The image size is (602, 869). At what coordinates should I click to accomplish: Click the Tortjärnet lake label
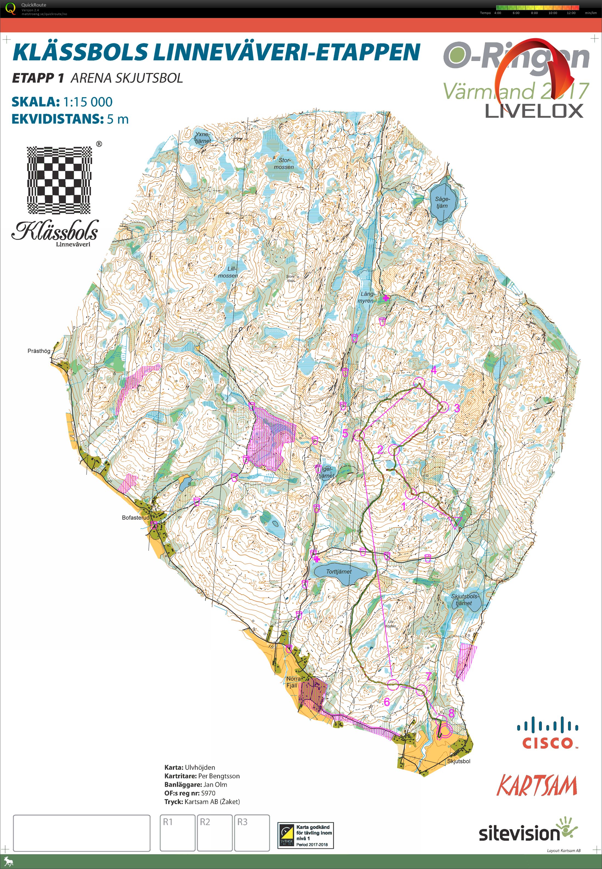(x=338, y=572)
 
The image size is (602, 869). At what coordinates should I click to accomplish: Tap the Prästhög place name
(x=39, y=351)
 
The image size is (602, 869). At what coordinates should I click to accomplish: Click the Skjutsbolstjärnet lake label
(x=465, y=600)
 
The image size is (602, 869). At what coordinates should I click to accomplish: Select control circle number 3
(x=444, y=407)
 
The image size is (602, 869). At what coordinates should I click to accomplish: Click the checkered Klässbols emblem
(x=59, y=180)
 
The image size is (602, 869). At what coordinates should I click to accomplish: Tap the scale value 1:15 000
(x=87, y=102)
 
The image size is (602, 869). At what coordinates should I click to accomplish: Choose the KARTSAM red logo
(x=537, y=786)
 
